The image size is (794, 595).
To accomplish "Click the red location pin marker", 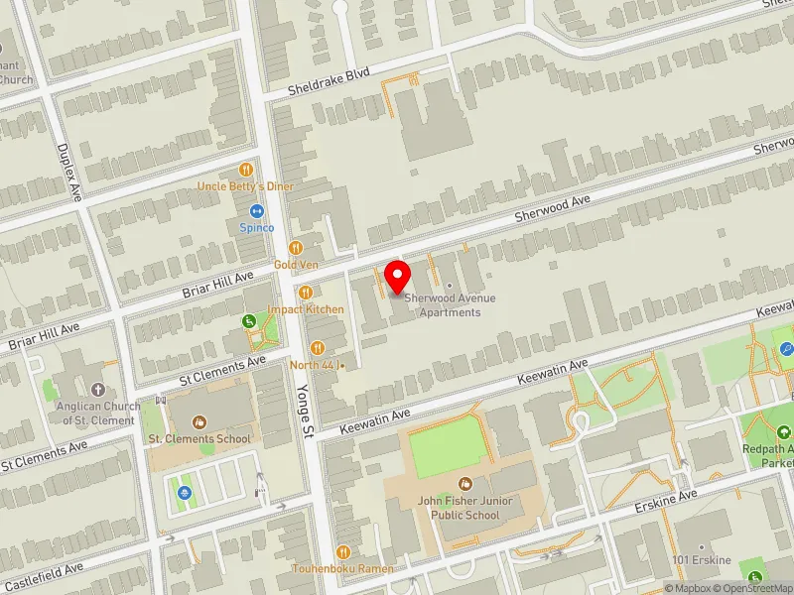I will pos(398,276).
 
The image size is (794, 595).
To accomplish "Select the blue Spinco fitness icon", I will pos(256,211).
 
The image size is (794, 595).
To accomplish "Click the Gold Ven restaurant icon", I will pos(295,248).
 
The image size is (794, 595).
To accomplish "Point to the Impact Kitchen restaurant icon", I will pos(306,293).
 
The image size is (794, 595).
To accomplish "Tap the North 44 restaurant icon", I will pos(318,347).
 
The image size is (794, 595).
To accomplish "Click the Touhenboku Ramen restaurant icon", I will pos(343,552).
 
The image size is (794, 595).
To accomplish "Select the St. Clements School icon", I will pos(198,422).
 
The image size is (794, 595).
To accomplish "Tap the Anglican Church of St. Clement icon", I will pos(97,391).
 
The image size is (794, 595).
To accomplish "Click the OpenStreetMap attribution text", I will pos(753,588).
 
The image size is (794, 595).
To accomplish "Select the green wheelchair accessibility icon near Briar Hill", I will pos(249,320).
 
